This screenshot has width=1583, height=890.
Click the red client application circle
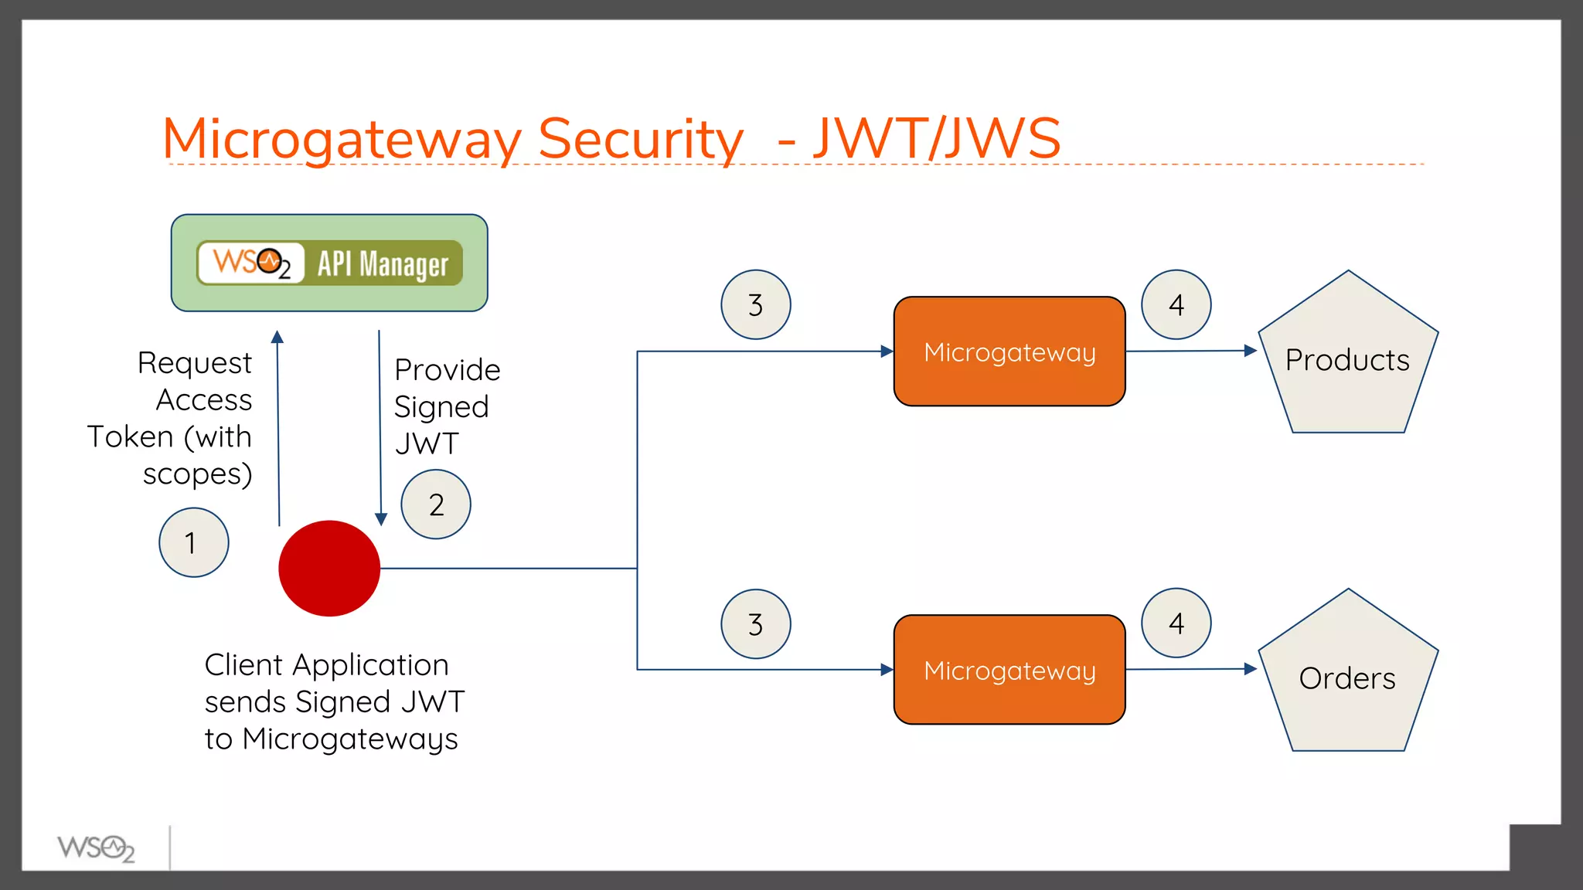tap(329, 569)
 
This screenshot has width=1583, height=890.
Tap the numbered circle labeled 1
tap(193, 542)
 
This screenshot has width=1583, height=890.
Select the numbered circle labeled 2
tap(436, 504)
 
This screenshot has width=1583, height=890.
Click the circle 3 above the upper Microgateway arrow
tap(755, 304)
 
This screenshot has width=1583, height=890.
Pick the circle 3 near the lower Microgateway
tap(755, 624)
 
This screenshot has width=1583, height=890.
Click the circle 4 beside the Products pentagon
tap(1176, 304)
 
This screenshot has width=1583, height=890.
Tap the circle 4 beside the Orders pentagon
tap(1176, 623)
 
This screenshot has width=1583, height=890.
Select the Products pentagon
tap(1347, 360)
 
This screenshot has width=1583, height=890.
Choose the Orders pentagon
tap(1347, 678)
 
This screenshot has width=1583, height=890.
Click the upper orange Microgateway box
tap(1009, 352)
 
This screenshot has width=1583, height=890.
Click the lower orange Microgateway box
tap(1009, 670)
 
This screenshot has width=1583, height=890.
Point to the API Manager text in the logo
tap(383, 264)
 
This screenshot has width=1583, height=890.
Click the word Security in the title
tap(640, 139)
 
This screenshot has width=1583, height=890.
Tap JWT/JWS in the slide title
tap(937, 139)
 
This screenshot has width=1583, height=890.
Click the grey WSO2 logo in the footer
tap(96, 848)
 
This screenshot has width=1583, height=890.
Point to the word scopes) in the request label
tap(198, 474)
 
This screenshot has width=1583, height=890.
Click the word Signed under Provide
tap(441, 407)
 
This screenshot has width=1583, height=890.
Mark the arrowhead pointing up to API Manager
tap(277, 337)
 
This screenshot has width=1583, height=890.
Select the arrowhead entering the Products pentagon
tap(1251, 351)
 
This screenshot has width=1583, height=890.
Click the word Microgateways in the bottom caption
tap(350, 739)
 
